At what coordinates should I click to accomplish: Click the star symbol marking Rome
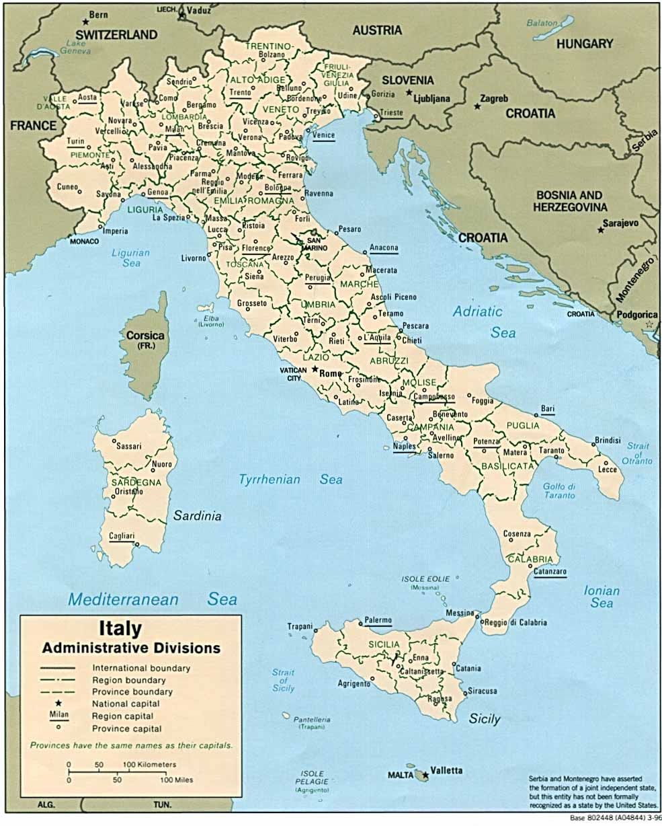point(314,369)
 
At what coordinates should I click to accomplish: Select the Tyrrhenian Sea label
point(290,480)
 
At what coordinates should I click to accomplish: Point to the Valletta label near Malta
point(446,770)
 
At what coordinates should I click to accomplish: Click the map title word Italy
point(121,629)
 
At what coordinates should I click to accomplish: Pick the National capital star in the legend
point(58,704)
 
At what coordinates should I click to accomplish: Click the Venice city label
point(323,135)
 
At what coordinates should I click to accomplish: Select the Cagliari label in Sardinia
point(122,536)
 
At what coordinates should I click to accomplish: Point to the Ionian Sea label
point(602,597)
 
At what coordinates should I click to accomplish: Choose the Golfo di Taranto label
point(559,491)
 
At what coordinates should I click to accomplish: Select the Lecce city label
point(608,470)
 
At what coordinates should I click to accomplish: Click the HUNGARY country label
point(585,44)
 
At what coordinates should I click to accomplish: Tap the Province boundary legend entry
point(132,691)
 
